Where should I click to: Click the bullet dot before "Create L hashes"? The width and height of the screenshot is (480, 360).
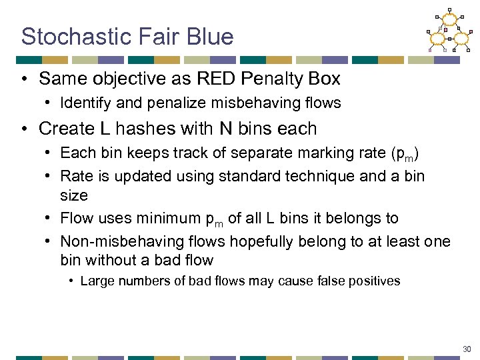point(25,128)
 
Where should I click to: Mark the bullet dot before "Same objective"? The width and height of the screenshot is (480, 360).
point(25,79)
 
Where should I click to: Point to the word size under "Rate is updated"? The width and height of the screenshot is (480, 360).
point(73,195)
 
